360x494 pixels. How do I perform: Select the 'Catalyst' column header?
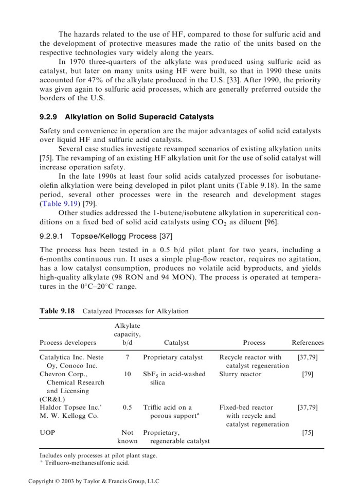point(176,342)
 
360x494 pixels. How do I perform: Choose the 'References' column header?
point(308,342)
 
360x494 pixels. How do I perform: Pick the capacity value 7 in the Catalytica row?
point(127,357)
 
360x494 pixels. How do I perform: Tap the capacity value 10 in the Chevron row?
point(127,374)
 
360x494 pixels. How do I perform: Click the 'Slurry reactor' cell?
point(240,374)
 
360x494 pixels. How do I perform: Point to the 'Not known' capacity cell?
point(127,437)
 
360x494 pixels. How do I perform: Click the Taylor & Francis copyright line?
point(94,481)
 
